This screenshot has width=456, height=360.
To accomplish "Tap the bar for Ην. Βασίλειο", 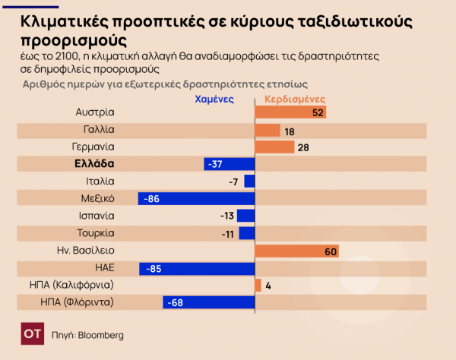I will point(296,251).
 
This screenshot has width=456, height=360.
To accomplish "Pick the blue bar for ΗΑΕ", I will point(197,268).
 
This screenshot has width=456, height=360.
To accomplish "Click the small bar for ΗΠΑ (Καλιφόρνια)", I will point(258,286).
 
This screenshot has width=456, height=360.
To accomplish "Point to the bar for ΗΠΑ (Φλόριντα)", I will point(208,303).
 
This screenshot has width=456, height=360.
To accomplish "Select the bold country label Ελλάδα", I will point(94,164).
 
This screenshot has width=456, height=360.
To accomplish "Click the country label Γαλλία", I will point(100,130).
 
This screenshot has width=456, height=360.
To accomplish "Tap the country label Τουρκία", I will point(96,233).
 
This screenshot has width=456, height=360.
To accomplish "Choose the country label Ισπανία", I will point(96,216).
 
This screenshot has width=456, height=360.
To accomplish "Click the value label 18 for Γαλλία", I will point(289,131).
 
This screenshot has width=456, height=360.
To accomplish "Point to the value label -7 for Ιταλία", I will point(233,182).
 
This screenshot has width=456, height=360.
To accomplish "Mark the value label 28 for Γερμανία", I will point(302,147).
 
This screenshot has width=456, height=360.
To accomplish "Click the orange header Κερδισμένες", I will point(295,99).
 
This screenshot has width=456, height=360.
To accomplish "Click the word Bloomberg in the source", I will point(101,335).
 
